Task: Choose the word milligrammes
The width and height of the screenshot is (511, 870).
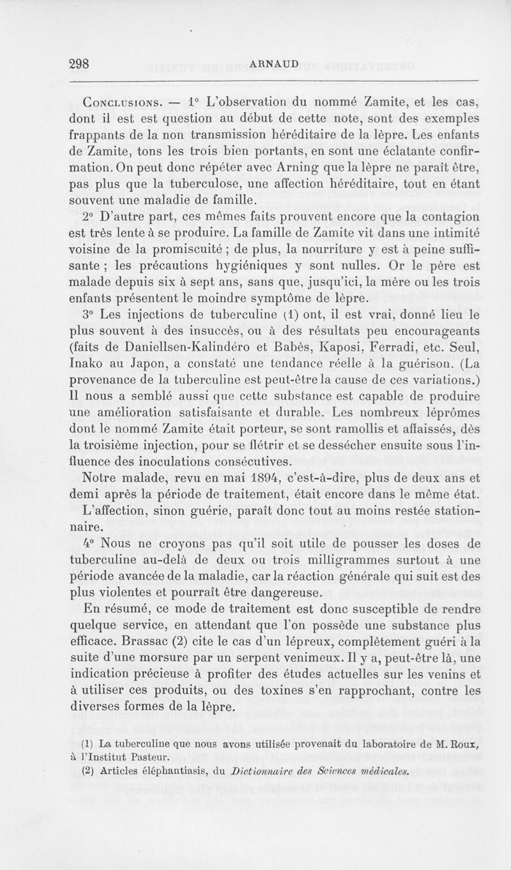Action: point(331,561)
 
